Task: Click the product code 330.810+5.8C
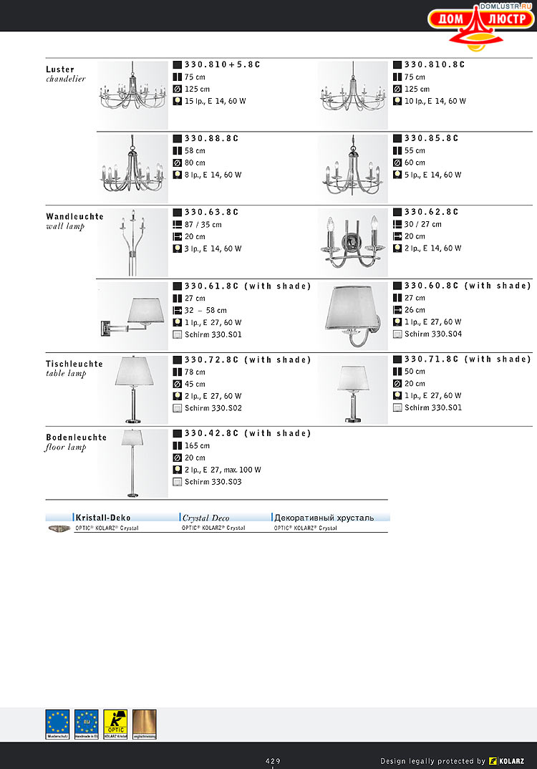[222, 64]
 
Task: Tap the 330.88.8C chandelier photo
[132, 170]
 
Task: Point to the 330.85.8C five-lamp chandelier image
[352, 170]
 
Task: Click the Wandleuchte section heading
[74, 216]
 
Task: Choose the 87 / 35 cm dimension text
[203, 225]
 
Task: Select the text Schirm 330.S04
[432, 334]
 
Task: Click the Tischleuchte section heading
[74, 364]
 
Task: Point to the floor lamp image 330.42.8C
[132, 463]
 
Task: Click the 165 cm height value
[197, 445]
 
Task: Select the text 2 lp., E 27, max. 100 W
[223, 470]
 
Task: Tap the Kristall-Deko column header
[103, 517]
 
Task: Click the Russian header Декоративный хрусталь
[324, 517]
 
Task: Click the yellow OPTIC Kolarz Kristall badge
[115, 724]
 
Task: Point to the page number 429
[273, 760]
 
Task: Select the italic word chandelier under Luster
[65, 79]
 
